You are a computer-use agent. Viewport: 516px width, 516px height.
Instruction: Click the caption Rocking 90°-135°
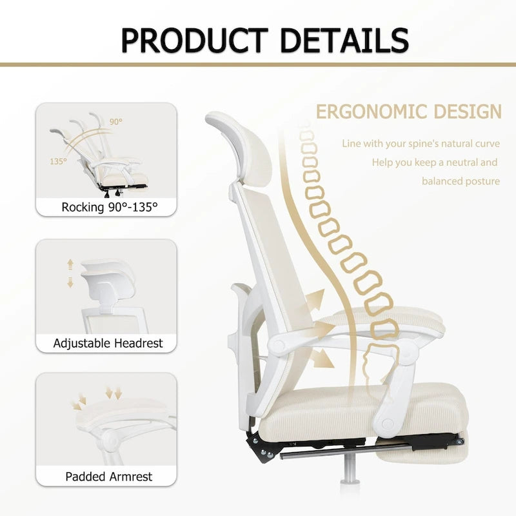tap(109, 207)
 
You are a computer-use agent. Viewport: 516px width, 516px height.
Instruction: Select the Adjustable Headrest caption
tap(108, 343)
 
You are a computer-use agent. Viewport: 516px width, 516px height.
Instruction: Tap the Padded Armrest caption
tap(108, 477)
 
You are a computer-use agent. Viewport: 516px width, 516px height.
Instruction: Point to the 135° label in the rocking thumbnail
tap(58, 161)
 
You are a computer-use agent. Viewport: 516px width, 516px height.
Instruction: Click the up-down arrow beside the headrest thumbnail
tap(70, 273)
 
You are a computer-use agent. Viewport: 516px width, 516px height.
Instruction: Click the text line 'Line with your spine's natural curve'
tap(421, 143)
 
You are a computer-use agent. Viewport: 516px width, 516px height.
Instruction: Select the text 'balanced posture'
tap(461, 181)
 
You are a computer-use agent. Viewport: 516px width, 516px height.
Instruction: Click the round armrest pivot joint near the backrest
tap(279, 345)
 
